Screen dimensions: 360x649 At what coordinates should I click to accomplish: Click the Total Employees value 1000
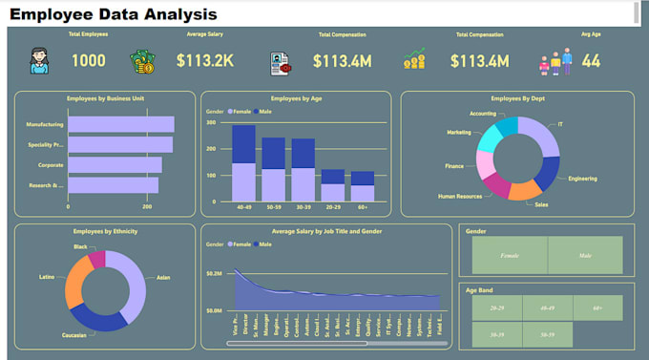pos(89,61)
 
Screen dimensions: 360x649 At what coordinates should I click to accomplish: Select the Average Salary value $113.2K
pos(205,61)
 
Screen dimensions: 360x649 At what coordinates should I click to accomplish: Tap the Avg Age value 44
pos(591,61)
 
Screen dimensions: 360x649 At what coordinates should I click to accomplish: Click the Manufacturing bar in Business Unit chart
pos(120,124)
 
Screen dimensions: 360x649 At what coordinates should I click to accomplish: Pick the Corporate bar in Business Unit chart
pos(115,165)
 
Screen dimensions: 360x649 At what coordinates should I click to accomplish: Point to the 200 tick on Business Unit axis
pos(147,206)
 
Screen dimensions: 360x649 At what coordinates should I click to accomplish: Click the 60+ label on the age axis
pos(362,206)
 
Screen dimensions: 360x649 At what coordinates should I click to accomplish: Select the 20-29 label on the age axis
pos(332,206)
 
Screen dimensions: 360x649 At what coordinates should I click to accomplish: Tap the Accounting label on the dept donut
pos(483,114)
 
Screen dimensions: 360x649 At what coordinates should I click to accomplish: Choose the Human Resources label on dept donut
pos(461,198)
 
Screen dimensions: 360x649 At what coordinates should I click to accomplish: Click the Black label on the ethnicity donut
pos(80,245)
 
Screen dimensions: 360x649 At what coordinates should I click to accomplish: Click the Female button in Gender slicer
pos(509,256)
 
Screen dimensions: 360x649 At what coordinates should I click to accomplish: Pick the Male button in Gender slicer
pos(585,256)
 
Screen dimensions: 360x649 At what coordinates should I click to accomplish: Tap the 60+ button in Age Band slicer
pos(597,308)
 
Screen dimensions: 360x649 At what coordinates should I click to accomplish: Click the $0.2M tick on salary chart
pos(215,273)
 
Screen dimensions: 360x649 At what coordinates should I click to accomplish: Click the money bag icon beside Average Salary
pos(142,62)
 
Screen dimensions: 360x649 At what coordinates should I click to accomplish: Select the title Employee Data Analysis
pos(114,14)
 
